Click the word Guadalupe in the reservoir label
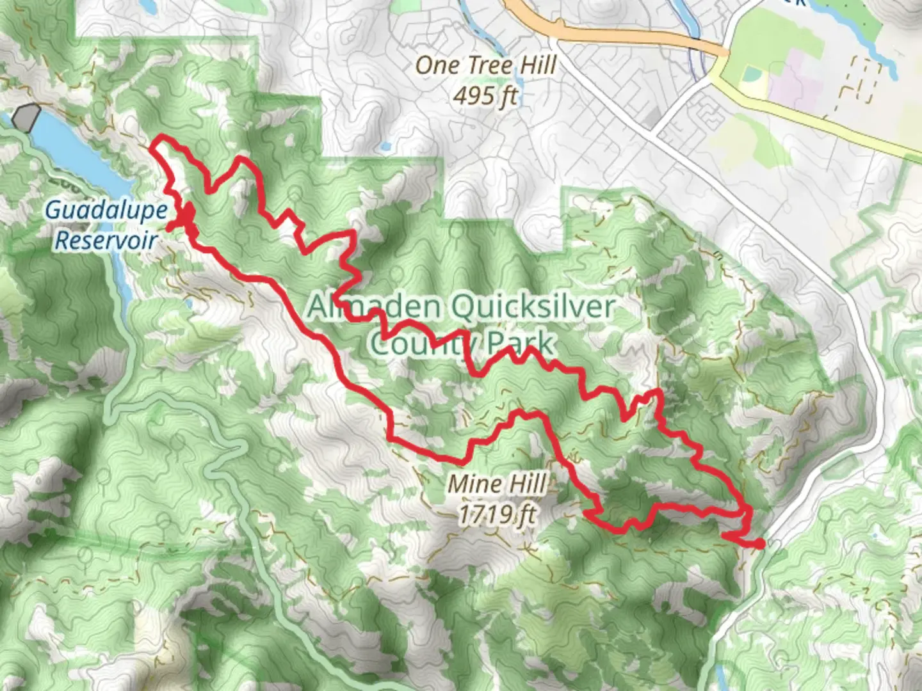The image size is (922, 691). point(107,210)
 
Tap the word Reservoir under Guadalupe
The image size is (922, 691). point(106,241)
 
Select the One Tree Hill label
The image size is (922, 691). point(486,65)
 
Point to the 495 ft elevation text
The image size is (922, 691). point(485,96)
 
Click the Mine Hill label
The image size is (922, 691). point(497,484)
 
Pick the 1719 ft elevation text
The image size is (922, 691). point(497,513)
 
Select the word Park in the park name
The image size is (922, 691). point(520,344)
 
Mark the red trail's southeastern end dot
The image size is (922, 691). point(759,544)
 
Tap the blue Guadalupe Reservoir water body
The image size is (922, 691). point(77,154)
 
